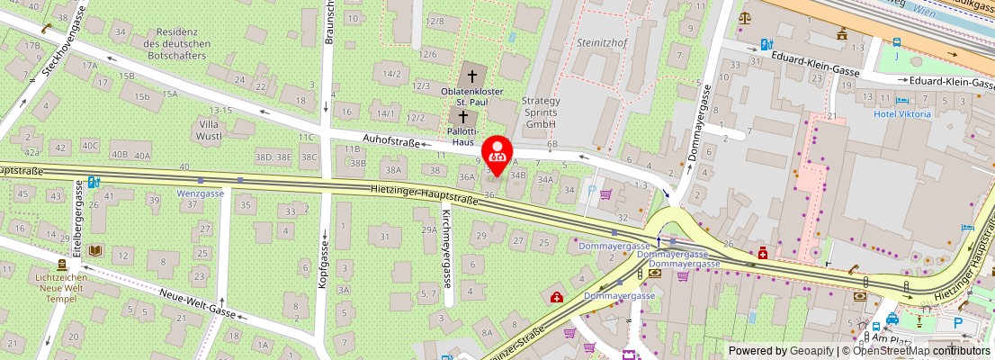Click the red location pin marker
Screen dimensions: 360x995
pyautogui.click(x=497, y=151)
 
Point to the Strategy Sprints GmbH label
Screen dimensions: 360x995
pyautogui.click(x=541, y=112)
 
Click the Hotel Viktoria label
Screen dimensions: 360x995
pyautogui.click(x=902, y=114)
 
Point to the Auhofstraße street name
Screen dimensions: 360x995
pyautogui.click(x=391, y=139)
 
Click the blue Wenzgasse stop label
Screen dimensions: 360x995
pyautogui.click(x=200, y=193)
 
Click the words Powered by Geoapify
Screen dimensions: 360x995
pyautogui.click(x=781, y=351)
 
